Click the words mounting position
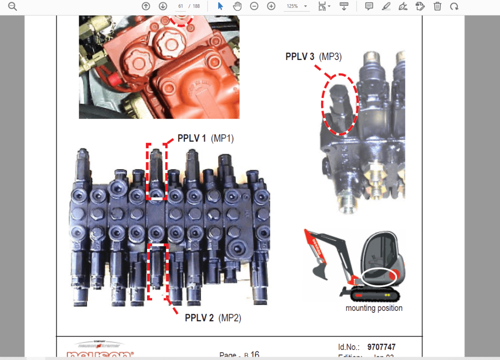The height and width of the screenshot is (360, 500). coord(374,308)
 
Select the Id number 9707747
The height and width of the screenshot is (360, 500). coord(381,347)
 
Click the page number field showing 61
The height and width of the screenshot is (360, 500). coord(181,6)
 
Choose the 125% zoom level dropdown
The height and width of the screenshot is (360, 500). coord(296,6)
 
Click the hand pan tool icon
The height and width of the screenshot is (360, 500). coord(237,6)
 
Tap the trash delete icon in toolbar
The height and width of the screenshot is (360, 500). coord(437,6)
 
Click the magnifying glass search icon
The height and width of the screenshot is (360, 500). coord(12,6)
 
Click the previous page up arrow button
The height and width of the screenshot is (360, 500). coord(146,6)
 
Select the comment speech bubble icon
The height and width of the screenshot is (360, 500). coord(369,6)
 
